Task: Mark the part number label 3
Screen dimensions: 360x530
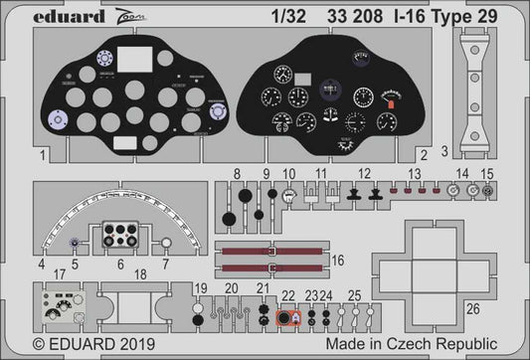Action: [x=443, y=152]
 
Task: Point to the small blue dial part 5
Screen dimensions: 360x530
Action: [x=74, y=242]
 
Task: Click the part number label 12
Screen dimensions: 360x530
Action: [x=365, y=174]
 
